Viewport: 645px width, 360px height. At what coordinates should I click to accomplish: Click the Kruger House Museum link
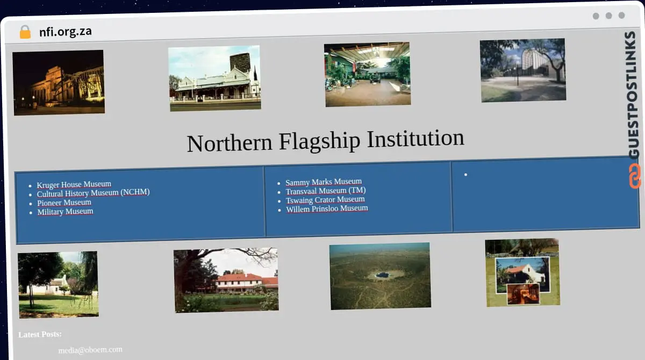pyautogui.click(x=74, y=185)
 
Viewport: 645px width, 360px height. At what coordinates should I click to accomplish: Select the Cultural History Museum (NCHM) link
pyautogui.click(x=93, y=193)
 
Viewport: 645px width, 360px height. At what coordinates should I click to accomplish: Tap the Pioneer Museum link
pyautogui.click(x=64, y=203)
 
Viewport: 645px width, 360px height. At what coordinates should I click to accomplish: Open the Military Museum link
pyautogui.click(x=65, y=212)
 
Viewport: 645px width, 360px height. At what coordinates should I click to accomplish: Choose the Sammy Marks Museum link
pyautogui.click(x=324, y=182)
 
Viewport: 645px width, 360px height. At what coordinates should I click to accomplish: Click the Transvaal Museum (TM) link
pyautogui.click(x=326, y=191)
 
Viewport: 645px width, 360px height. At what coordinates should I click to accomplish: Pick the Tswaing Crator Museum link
pyautogui.click(x=325, y=200)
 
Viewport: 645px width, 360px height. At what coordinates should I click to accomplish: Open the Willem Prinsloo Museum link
pyautogui.click(x=327, y=208)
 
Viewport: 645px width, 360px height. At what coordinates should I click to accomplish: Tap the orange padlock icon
pyautogui.click(x=25, y=32)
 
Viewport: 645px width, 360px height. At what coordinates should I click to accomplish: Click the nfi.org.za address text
pyautogui.click(x=66, y=32)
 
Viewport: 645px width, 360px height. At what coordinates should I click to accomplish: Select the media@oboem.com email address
pyautogui.click(x=90, y=350)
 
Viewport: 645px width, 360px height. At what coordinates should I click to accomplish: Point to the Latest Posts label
pyautogui.click(x=40, y=335)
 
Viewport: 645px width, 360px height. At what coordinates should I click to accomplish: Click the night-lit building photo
pyautogui.click(x=59, y=82)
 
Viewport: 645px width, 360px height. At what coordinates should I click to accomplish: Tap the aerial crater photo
pyautogui.click(x=381, y=276)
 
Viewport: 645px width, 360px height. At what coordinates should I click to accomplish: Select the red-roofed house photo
pyautogui.click(x=226, y=279)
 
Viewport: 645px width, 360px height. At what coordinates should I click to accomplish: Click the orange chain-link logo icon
pyautogui.click(x=635, y=176)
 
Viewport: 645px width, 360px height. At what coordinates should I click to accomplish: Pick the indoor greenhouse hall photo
pyautogui.click(x=368, y=74)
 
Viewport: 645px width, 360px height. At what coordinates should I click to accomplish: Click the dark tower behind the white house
pyautogui.click(x=240, y=62)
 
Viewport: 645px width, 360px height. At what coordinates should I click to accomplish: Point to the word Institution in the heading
pyautogui.click(x=415, y=139)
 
